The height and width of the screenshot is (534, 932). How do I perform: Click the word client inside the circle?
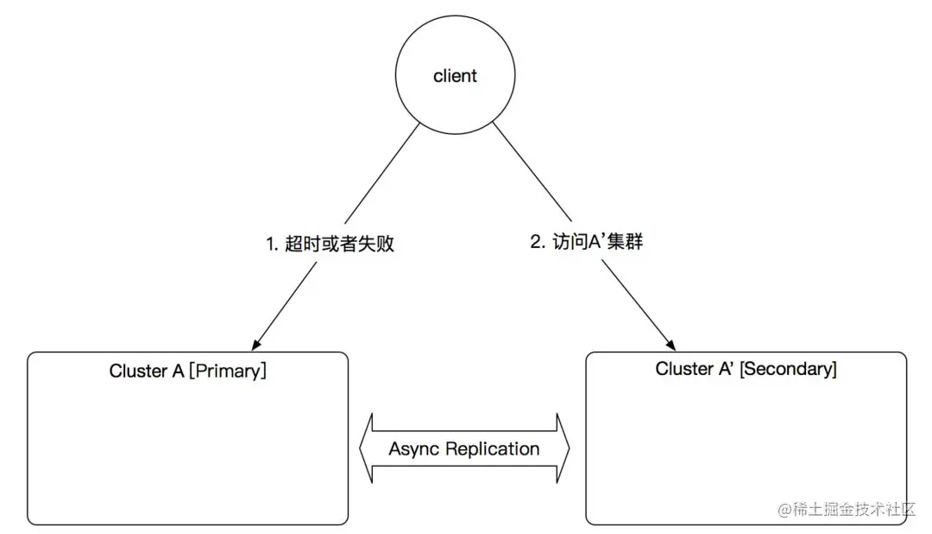pyautogui.click(x=455, y=76)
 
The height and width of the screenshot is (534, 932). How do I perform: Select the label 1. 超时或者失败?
pyautogui.click(x=331, y=244)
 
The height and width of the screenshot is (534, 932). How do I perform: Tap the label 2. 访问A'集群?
pyautogui.click(x=587, y=242)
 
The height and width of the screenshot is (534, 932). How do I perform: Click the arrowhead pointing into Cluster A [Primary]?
pyautogui.click(x=255, y=343)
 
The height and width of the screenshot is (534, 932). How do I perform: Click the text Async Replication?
pyautogui.click(x=464, y=449)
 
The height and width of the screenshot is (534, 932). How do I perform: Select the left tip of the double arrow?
pyautogui.click(x=362, y=449)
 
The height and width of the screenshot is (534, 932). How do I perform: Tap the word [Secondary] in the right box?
pyautogui.click(x=788, y=369)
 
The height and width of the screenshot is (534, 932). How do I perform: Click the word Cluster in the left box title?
pyautogui.click(x=138, y=372)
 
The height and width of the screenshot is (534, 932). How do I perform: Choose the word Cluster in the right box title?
pyautogui.click(x=684, y=369)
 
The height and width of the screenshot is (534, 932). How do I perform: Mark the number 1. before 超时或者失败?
pyautogui.click(x=273, y=244)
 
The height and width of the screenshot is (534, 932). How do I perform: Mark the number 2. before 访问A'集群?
pyautogui.click(x=538, y=242)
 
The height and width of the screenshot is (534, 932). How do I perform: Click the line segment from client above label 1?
pyautogui.click(x=380, y=173)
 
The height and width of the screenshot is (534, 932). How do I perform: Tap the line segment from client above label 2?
pyautogui.click(x=531, y=173)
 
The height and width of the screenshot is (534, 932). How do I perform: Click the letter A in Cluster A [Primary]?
pyautogui.click(x=179, y=372)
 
